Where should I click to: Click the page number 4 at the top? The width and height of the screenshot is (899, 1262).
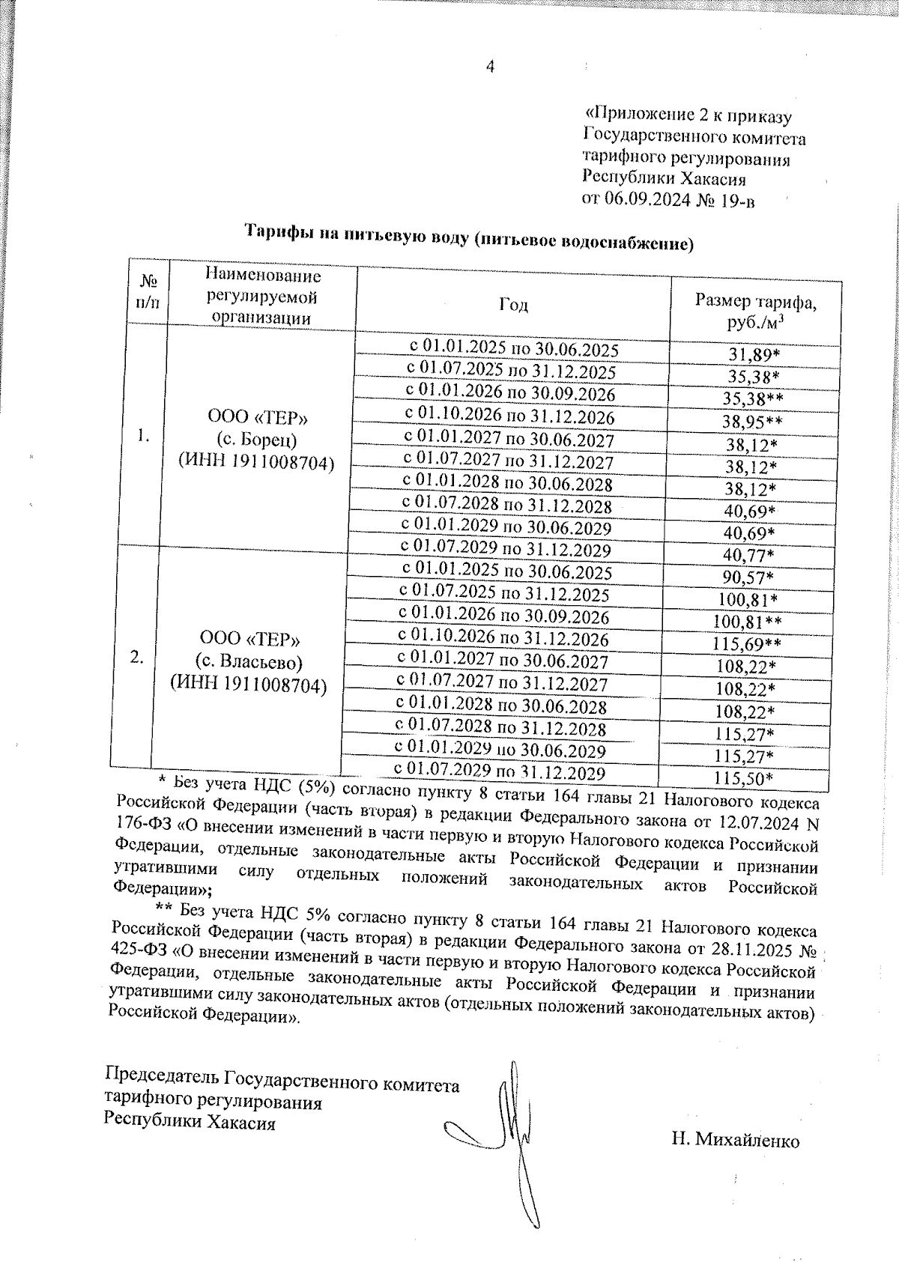tap(491, 67)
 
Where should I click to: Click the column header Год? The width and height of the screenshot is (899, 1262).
tap(513, 304)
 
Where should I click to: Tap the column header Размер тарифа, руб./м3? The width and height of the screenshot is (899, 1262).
tap(755, 312)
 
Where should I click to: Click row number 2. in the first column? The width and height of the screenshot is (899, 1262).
tap(136, 658)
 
